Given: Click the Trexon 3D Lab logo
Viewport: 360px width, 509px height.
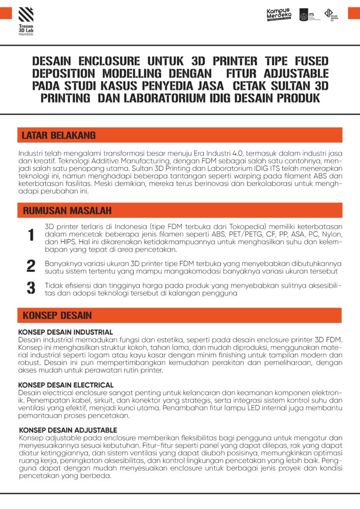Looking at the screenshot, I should point(26,20).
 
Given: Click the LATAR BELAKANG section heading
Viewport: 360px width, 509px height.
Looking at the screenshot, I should point(59,135).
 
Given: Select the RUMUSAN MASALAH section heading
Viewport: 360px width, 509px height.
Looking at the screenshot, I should point(67,210).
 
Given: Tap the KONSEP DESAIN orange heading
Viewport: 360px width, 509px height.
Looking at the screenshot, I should point(57,315).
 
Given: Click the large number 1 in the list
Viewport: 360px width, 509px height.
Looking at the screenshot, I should point(31,235).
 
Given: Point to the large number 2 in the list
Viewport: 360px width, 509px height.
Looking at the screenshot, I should point(31,265).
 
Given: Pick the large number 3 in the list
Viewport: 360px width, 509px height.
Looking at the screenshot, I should point(31,288).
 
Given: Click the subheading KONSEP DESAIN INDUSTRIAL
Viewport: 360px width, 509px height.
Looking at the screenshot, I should point(66,332).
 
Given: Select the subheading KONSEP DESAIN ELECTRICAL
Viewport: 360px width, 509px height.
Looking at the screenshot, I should point(66,385).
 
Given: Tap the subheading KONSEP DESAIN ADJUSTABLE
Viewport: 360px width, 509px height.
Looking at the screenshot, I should point(68,430).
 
